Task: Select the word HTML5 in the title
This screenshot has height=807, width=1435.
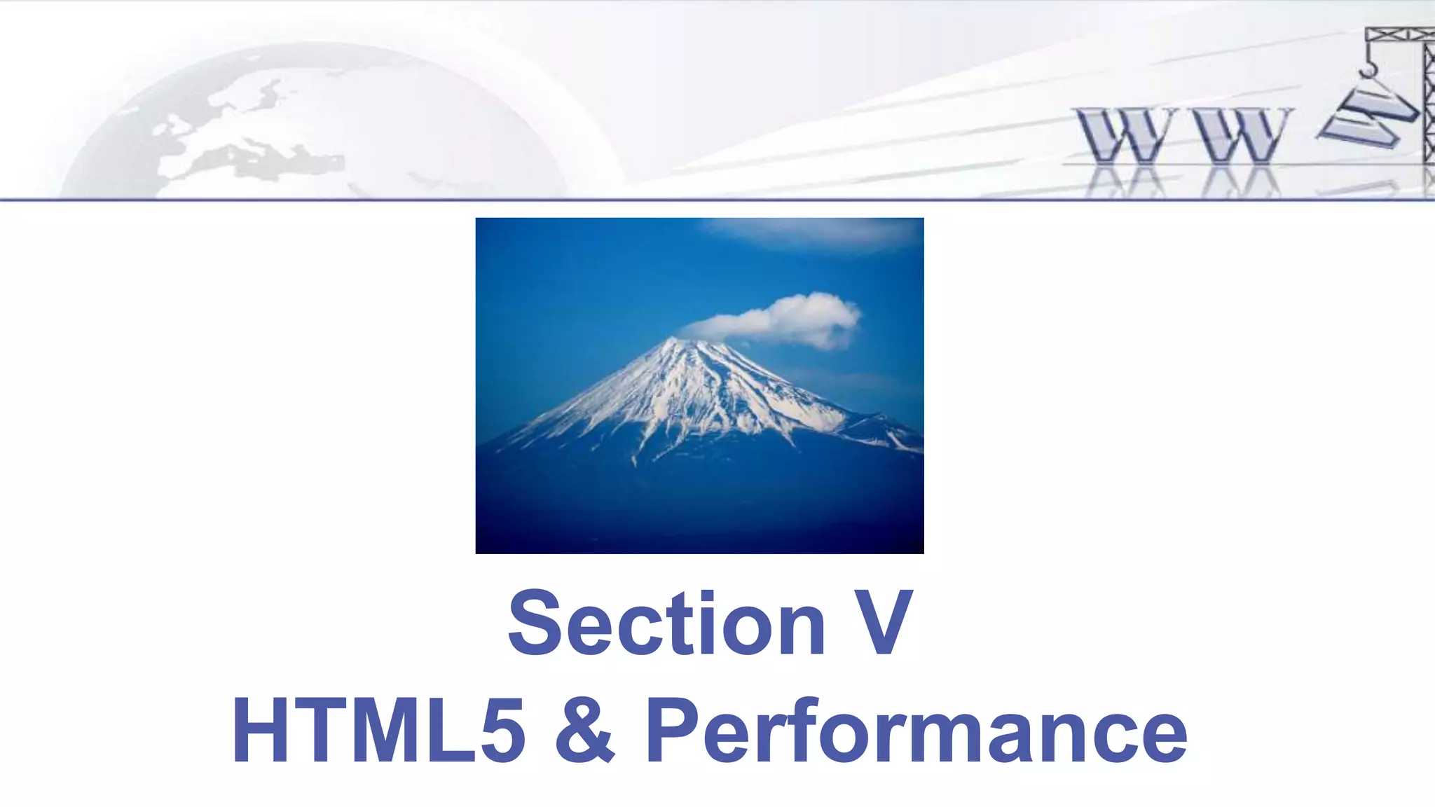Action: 378,730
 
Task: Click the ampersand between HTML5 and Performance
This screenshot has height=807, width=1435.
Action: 585,730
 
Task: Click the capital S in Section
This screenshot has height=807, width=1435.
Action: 533,623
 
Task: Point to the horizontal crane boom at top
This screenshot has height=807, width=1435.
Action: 1398,34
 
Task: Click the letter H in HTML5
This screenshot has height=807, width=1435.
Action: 260,730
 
